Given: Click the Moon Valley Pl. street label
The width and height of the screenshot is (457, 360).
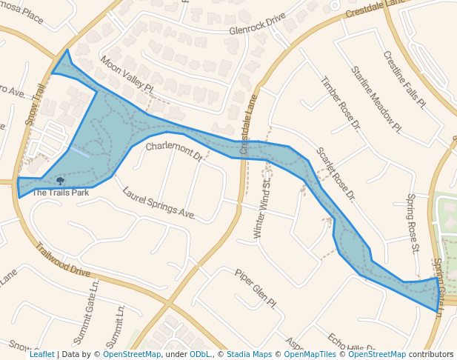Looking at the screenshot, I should point(127,76).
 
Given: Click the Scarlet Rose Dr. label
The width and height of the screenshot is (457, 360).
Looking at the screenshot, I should point(336,173).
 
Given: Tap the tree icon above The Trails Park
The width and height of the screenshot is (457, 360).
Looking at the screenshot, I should point(60,180).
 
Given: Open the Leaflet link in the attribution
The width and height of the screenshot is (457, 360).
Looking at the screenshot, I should point(41,354).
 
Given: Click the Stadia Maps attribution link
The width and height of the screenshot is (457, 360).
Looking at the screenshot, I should point(246,354).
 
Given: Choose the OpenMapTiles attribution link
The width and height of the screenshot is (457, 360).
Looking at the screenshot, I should point(305,354).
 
